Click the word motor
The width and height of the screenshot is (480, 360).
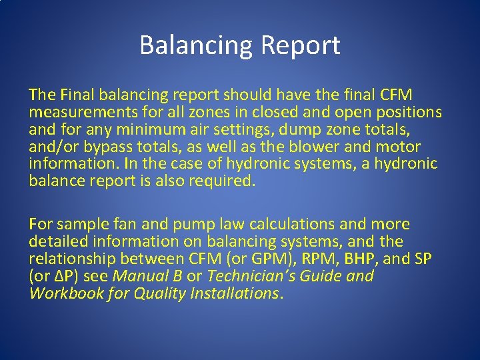397,147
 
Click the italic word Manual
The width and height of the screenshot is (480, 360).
139,276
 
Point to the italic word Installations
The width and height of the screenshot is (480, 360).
235,293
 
